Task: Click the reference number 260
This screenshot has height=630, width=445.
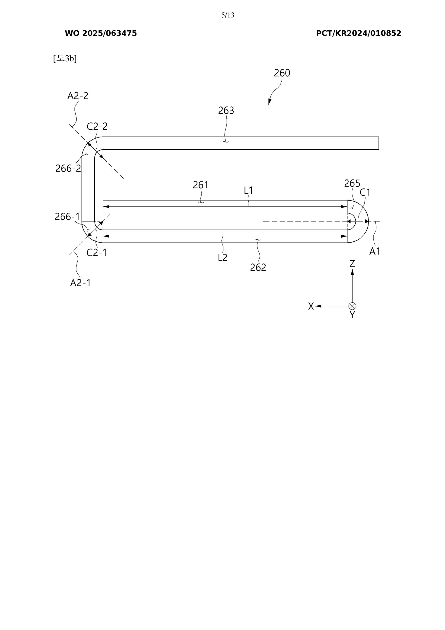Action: click(x=282, y=73)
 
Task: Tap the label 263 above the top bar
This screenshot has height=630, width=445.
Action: click(x=226, y=111)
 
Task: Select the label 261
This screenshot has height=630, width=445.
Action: click(x=200, y=185)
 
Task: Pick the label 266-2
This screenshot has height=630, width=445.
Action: click(x=68, y=169)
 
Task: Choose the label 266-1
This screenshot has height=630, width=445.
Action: click(x=67, y=217)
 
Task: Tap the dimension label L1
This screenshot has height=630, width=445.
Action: click(x=248, y=190)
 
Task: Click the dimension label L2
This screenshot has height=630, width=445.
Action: click(x=223, y=258)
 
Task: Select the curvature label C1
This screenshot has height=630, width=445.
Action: click(x=365, y=193)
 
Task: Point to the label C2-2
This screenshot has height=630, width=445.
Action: click(x=97, y=127)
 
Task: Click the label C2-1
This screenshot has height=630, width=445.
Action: click(x=97, y=253)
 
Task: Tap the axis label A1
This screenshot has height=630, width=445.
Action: click(x=375, y=251)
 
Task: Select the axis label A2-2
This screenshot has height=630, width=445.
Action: click(x=78, y=96)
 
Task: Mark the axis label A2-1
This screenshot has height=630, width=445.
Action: click(x=80, y=283)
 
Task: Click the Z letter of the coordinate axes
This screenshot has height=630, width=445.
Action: click(x=352, y=264)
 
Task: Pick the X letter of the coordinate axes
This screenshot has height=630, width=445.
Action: click(x=311, y=306)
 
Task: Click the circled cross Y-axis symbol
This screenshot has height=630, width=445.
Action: click(x=352, y=306)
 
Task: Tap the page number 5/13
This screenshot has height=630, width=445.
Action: click(x=228, y=15)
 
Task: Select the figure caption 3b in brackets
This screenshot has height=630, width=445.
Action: click(x=65, y=58)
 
